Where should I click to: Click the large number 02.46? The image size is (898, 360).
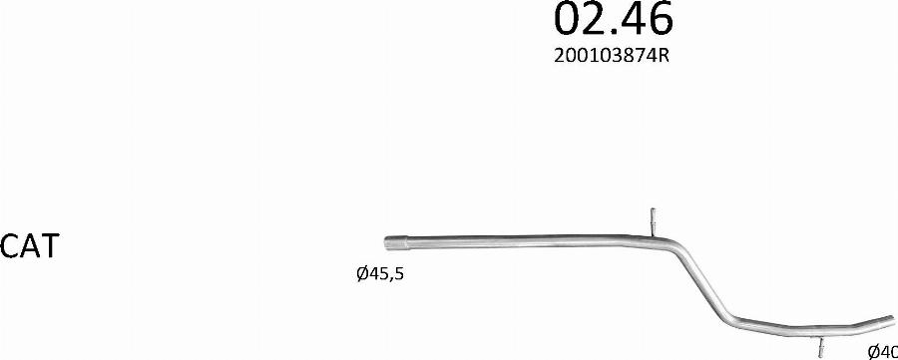pos(614,18)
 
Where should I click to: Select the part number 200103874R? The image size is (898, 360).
pos(612,56)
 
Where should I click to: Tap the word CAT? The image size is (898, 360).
pos(30,246)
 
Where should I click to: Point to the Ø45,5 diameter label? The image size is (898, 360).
pos(380,274)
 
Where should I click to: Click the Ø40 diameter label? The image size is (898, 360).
pos(883,351)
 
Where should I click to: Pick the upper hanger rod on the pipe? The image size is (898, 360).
pos(653,221)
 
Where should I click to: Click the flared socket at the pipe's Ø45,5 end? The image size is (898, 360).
pos(395,242)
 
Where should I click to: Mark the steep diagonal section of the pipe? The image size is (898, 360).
pos(705,284)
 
